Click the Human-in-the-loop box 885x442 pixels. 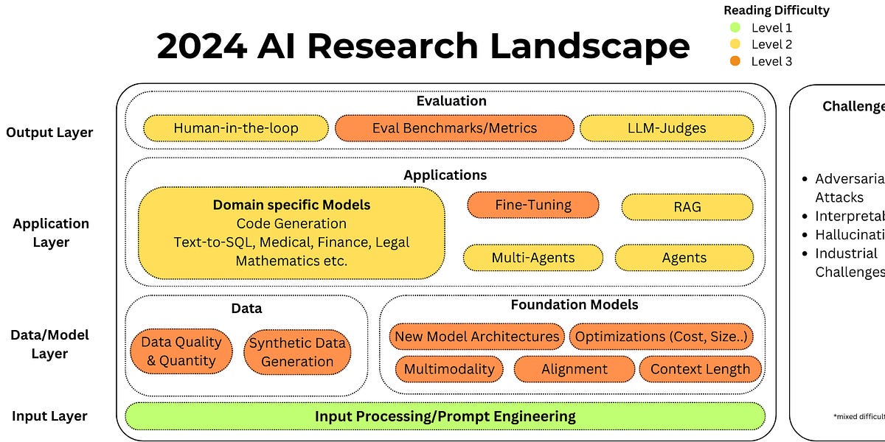pyautogui.click(x=236, y=128)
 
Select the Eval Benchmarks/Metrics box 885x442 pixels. pyautogui.click(x=454, y=128)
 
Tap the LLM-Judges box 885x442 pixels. pyautogui.click(x=667, y=128)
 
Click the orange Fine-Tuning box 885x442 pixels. pyautogui.click(x=533, y=205)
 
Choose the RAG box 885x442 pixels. pyautogui.click(x=687, y=207)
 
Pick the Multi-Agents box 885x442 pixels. pyautogui.click(x=532, y=258)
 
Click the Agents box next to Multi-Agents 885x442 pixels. pyautogui.click(x=684, y=258)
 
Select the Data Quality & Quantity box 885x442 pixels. pyautogui.click(x=181, y=351)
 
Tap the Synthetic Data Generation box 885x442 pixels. pyautogui.click(x=297, y=352)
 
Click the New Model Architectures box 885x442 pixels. pyautogui.click(x=476, y=337)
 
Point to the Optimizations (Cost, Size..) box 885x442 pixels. pyautogui.click(x=662, y=337)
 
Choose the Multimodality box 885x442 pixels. pyautogui.click(x=449, y=369)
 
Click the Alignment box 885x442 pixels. pyautogui.click(x=575, y=369)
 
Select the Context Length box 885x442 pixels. pyautogui.click(x=700, y=369)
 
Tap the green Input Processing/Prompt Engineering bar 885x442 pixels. pyautogui.click(x=445, y=416)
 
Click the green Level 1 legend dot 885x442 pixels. pyautogui.click(x=735, y=28)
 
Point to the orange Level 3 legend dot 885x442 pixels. pyautogui.click(x=735, y=61)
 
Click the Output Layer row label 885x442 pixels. pyautogui.click(x=49, y=133)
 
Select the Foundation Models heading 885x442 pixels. pyautogui.click(x=575, y=304)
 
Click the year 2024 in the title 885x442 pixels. pyautogui.click(x=201, y=46)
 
